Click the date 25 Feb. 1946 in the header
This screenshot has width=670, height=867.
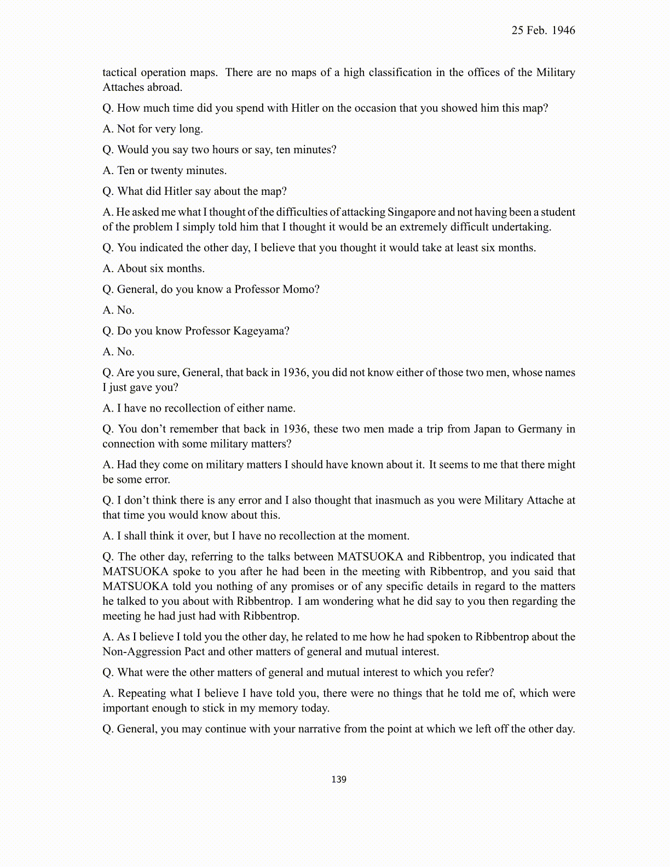click(x=543, y=31)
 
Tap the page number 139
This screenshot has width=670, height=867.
click(x=338, y=779)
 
